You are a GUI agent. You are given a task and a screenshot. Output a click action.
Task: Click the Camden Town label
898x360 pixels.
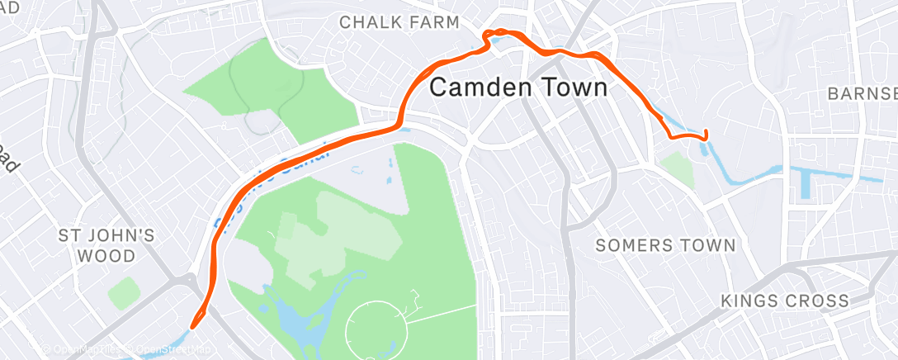[x=519, y=87]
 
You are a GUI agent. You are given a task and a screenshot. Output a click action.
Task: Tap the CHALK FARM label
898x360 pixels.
[x=399, y=22]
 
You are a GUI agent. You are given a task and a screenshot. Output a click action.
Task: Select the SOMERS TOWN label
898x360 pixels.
[x=664, y=245]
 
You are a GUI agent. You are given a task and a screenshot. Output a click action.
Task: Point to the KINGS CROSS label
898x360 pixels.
[x=784, y=301]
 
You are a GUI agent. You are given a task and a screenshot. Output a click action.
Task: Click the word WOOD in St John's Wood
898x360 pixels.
[x=106, y=256]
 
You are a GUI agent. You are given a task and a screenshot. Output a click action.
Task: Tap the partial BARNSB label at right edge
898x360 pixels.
[x=862, y=93]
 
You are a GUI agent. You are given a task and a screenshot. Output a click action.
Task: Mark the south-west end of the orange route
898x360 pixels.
[x=193, y=325]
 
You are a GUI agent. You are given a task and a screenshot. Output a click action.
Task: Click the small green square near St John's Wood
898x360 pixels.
[x=124, y=293]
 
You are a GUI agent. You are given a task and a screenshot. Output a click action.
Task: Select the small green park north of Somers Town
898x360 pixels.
[x=678, y=168]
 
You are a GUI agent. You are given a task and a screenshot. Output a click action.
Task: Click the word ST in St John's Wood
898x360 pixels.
[x=69, y=236]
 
